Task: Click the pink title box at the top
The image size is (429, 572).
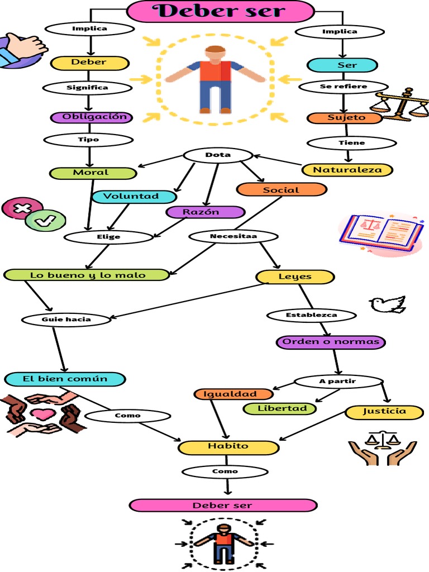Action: coord(221,11)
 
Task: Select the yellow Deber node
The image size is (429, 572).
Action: coord(89,63)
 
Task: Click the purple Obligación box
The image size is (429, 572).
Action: coord(91,117)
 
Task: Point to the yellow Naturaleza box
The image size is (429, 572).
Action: coord(347,170)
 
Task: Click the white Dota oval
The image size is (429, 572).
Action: coord(218,155)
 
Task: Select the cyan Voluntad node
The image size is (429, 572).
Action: coord(134,197)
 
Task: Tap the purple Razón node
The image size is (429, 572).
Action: coord(205,212)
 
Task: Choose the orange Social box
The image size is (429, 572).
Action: coord(281,190)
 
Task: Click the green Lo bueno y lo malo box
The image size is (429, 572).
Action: coord(87,275)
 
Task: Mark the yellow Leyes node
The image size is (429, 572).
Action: coord(295,277)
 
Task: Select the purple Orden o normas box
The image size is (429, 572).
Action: coord(331,342)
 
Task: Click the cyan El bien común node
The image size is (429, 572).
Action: coord(65,379)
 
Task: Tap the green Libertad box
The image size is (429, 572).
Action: coord(280,408)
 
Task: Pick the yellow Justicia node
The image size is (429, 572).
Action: coord(384,412)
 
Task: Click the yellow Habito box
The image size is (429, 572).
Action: coord(228,447)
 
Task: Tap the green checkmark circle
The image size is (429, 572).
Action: coord(42,221)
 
